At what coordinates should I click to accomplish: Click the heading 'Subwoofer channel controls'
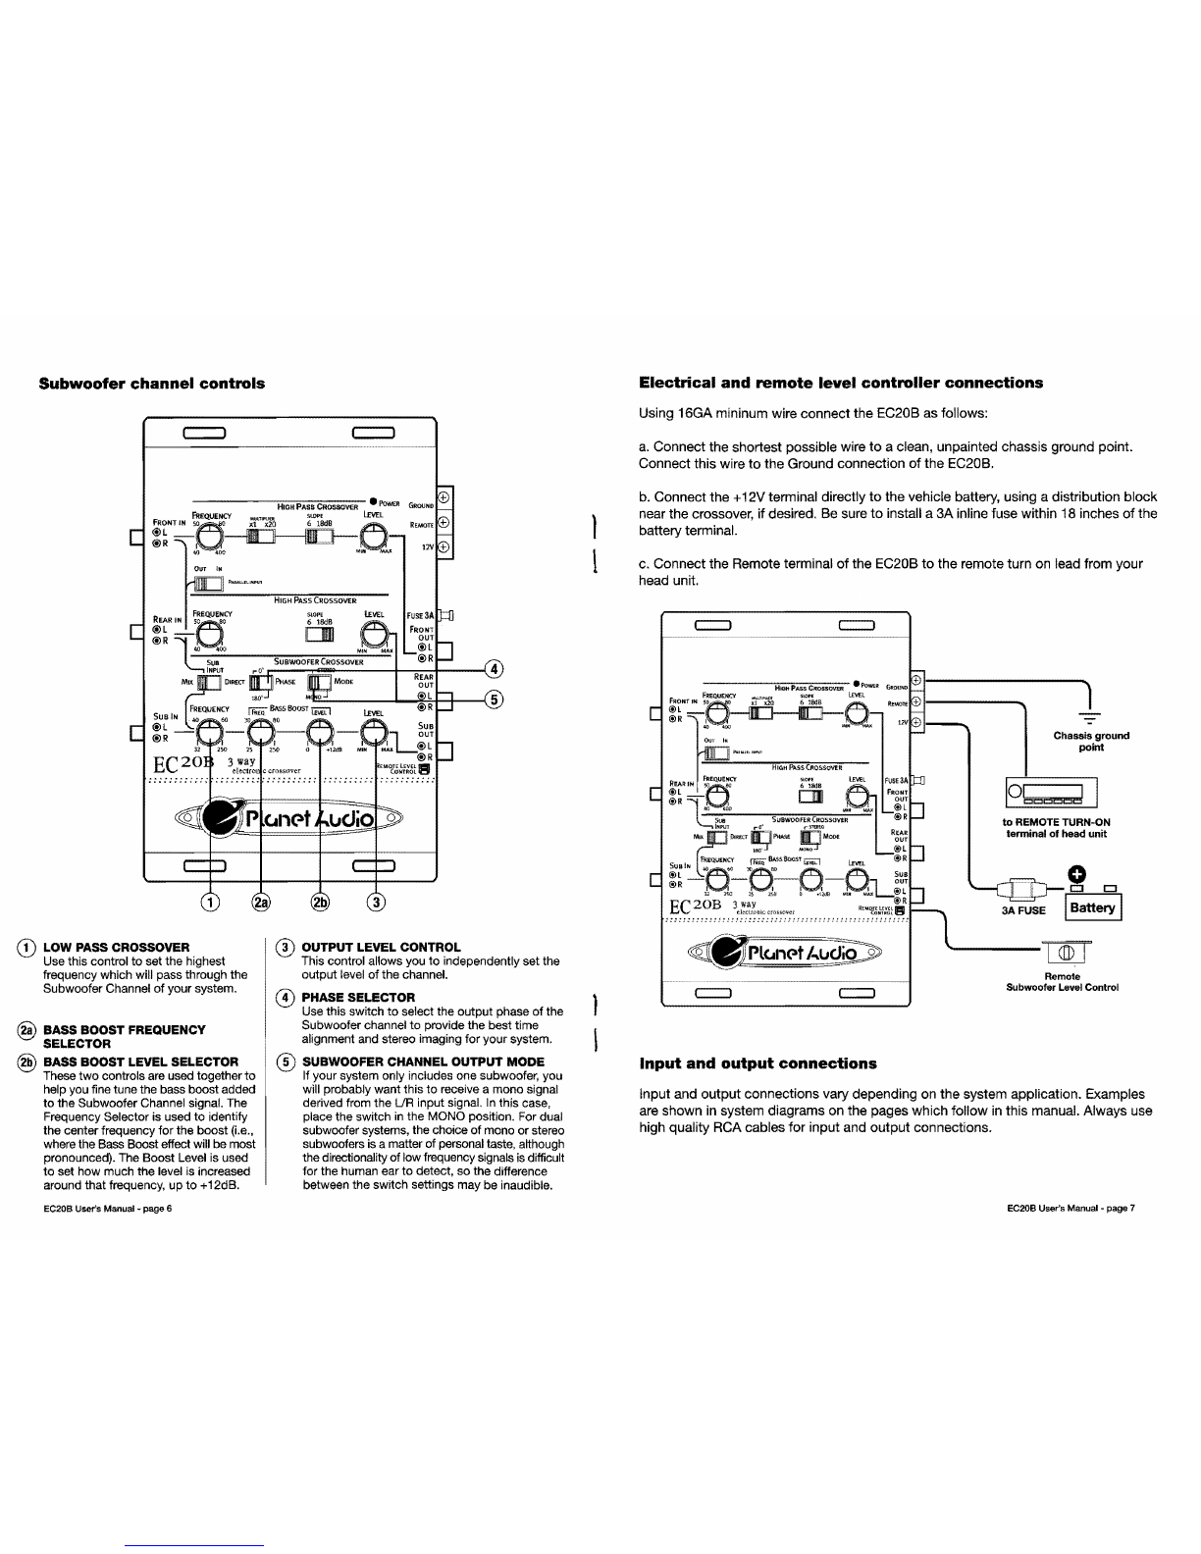pos(151,383)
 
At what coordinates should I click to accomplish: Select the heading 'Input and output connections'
pos(757,1063)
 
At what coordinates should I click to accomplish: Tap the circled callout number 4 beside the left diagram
pos(496,669)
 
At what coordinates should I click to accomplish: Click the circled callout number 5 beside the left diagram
pos(496,699)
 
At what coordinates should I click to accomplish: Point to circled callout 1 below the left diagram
pos(208,903)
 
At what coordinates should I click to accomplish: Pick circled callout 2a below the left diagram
pos(260,903)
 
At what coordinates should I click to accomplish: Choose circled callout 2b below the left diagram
pos(321,903)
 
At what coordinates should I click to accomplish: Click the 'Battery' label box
pos(1092,907)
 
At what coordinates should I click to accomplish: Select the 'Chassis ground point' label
pos(1090,741)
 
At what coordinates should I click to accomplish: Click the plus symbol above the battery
pos(1075,872)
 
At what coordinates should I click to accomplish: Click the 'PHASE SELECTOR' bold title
pos(358,998)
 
